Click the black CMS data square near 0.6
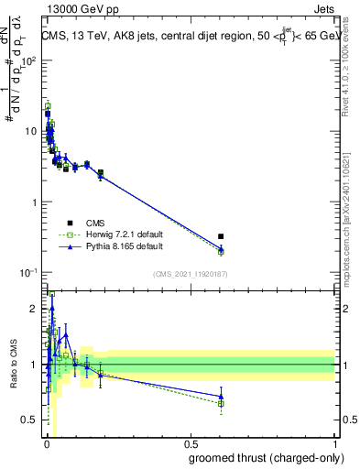(x=221, y=236)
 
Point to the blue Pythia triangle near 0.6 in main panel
(x=221, y=247)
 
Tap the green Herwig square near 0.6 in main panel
(x=221, y=252)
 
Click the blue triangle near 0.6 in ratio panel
(x=221, y=397)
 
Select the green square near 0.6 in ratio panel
(x=221, y=404)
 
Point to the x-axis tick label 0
(x=47, y=444)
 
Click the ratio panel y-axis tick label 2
(x=34, y=309)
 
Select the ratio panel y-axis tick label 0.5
(x=29, y=420)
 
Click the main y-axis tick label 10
(x=30, y=131)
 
